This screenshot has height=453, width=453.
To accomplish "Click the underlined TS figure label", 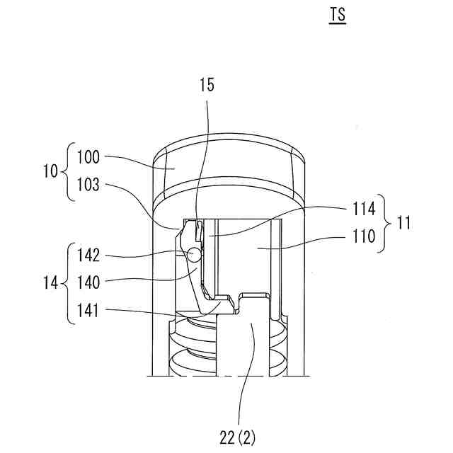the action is coord(337,15).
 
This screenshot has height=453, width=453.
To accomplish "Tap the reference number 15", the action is coord(207,86).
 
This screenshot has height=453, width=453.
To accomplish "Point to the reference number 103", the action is coord(89,186).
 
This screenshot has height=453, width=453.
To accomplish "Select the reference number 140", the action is coord(89,282).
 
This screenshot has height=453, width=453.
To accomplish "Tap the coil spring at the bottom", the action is coord(191,347).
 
